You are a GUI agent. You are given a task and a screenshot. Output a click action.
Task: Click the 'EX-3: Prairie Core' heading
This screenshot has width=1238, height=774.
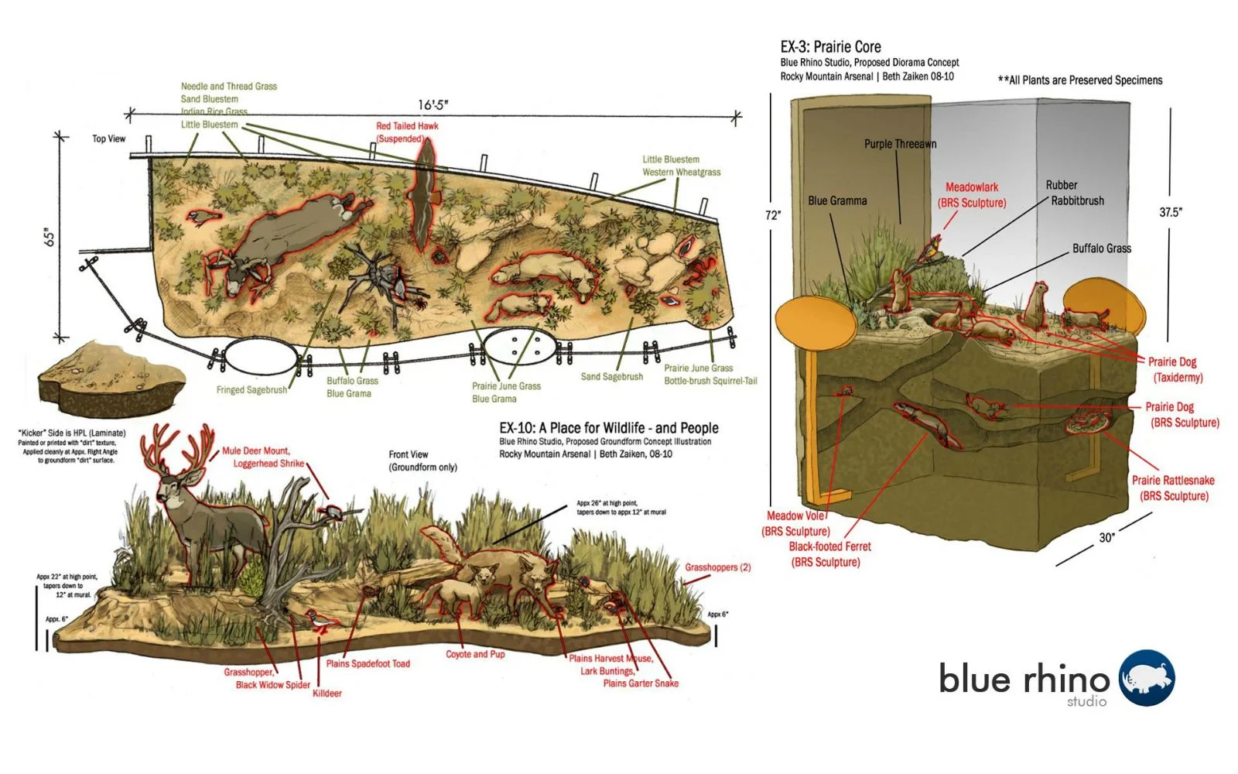[x=830, y=46]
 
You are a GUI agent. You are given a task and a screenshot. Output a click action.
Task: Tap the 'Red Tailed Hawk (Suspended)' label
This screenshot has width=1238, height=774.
[x=406, y=132]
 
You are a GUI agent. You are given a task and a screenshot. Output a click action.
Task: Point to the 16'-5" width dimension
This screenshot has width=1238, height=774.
[x=433, y=104]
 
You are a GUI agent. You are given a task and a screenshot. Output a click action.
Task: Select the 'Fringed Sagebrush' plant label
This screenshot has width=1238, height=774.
[x=251, y=390]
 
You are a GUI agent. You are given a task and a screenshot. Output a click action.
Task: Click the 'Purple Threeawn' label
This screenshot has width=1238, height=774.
[x=900, y=144]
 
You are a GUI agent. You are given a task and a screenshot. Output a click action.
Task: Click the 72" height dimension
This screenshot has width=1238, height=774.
[x=773, y=215]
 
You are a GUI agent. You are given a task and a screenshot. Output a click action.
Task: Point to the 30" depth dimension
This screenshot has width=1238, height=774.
[x=1106, y=537]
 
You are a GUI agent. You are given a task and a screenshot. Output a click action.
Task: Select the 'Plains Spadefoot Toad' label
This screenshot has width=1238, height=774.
[x=368, y=663]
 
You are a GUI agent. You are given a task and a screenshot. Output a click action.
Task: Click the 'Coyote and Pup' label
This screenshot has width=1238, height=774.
[x=475, y=654]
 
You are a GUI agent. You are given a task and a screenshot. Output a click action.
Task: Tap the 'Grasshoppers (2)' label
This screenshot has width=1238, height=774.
[x=717, y=567]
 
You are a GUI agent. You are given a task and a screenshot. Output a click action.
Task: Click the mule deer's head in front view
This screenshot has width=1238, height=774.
[x=171, y=486]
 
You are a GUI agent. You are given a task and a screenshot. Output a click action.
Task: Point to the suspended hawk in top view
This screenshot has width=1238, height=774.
[x=424, y=193]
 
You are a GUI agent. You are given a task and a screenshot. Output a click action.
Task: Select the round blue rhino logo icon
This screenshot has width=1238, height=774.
[x=1147, y=678]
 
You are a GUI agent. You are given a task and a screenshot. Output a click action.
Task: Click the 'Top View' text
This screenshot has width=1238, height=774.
[x=108, y=139]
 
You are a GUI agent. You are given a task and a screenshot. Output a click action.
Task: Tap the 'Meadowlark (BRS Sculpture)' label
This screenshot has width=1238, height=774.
[x=972, y=195]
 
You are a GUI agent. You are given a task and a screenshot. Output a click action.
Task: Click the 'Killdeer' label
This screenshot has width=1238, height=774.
[x=327, y=694]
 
